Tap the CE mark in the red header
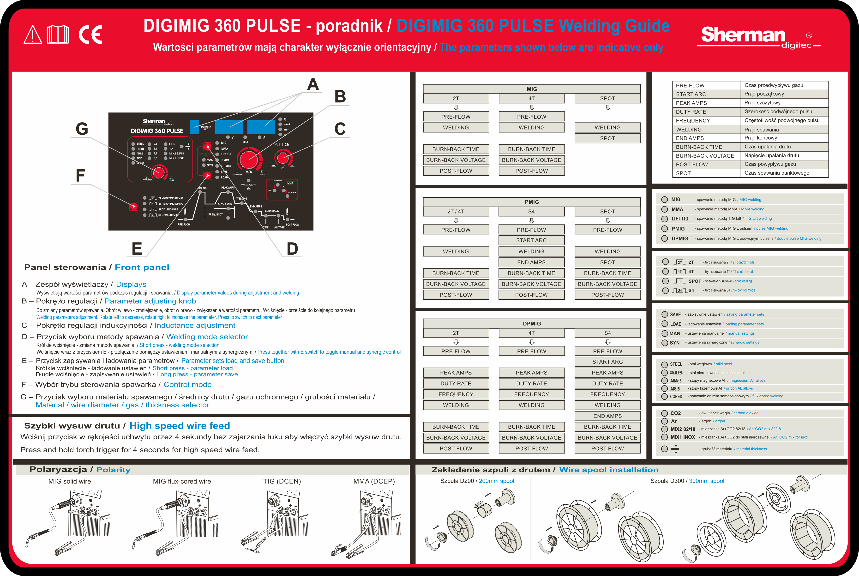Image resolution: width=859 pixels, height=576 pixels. tap(90, 35)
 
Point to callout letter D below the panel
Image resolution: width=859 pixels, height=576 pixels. tap(292, 249)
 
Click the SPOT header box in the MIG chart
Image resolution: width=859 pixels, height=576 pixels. tap(607, 98)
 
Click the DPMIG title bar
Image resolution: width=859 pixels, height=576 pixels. tap(532, 324)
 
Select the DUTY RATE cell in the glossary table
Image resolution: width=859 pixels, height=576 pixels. tap(691, 112)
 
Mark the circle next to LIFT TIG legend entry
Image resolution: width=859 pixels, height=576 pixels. tap(664, 219)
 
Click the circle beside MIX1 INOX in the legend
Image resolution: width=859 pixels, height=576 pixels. tap(664, 437)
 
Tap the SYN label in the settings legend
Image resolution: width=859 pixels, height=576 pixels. tap(674, 343)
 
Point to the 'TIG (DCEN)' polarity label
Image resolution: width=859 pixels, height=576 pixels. tap(282, 481)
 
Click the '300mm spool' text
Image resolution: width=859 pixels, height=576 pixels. tap(706, 481)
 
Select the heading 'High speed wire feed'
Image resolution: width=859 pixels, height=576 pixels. tap(180, 426)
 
